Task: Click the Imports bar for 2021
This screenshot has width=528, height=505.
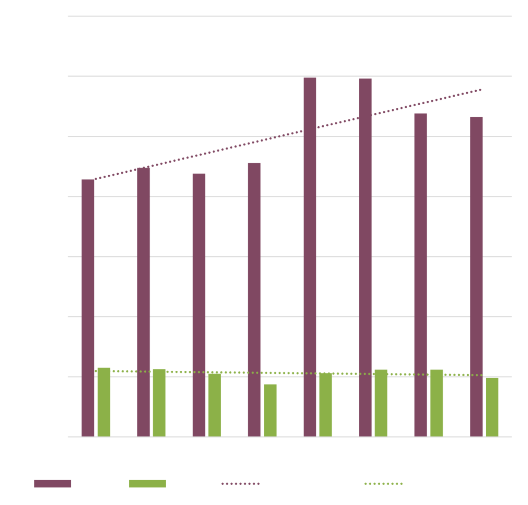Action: [310, 257]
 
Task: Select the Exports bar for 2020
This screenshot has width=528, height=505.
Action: [270, 410]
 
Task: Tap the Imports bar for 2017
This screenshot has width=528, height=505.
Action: [88, 308]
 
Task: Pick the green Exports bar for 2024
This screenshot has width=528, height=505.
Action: [492, 407]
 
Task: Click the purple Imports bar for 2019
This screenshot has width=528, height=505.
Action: [199, 305]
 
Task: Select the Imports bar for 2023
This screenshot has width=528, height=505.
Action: [421, 275]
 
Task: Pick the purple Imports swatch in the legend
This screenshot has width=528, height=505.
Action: [52, 483]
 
